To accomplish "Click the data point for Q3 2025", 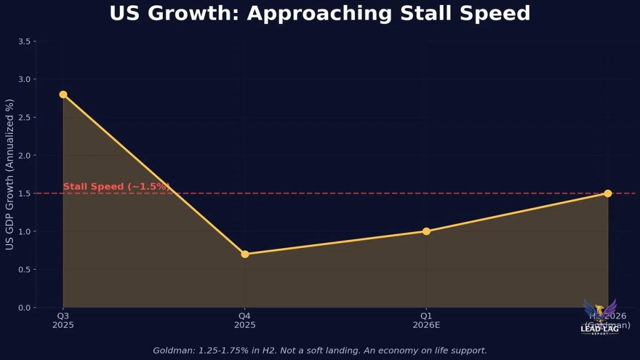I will tap(63, 94).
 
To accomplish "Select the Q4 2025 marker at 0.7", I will tap(245, 254).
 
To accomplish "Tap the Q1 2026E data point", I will tap(426, 231).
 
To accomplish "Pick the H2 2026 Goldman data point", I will tap(607, 193).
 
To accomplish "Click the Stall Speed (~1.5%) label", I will tap(116, 187).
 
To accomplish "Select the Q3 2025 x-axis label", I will tap(63, 321).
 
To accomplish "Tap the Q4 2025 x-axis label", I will tap(245, 321).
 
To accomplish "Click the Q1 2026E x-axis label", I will tap(426, 321).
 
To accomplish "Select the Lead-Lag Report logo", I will tap(600, 317).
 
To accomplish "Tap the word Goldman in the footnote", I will tap(172, 350).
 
